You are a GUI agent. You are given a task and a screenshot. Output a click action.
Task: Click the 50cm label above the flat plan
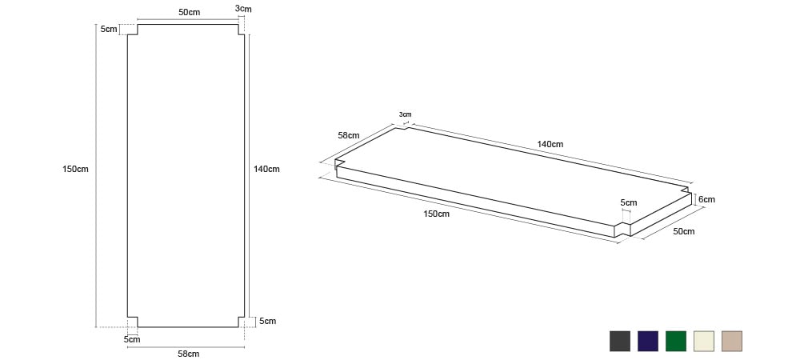(x=189, y=12)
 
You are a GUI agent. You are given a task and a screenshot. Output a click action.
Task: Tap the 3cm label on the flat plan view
(x=243, y=9)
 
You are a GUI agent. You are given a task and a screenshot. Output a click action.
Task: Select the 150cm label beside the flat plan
(x=75, y=169)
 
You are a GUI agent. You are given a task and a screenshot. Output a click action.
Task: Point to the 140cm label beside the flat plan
(x=266, y=169)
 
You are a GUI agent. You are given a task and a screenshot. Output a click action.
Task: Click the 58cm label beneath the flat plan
(x=189, y=354)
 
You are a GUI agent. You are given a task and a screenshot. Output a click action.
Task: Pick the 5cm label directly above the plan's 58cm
(x=132, y=339)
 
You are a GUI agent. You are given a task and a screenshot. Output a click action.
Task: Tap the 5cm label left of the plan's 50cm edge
(x=109, y=29)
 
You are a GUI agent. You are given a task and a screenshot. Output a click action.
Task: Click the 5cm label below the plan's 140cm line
(x=268, y=321)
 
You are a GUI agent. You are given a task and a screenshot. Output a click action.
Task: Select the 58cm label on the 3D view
(x=349, y=135)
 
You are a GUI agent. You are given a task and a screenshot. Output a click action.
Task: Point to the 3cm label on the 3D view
(x=405, y=114)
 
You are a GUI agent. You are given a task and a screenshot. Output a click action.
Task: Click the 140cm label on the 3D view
(x=550, y=144)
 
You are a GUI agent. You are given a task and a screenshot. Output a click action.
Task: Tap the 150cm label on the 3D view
(x=437, y=214)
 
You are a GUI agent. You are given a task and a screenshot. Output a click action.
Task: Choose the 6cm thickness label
(x=706, y=199)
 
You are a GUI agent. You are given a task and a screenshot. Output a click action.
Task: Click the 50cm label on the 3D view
(x=684, y=231)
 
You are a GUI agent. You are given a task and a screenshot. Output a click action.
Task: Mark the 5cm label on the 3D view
(x=629, y=202)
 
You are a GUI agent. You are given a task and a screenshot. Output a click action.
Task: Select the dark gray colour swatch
(x=620, y=342)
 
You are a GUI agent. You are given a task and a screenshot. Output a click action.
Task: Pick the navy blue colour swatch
(x=648, y=342)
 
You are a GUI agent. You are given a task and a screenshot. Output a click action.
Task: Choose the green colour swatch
(x=676, y=342)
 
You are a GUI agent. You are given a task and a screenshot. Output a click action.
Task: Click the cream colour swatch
(x=704, y=342)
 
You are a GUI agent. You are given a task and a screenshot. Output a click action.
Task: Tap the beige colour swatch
(x=732, y=342)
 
